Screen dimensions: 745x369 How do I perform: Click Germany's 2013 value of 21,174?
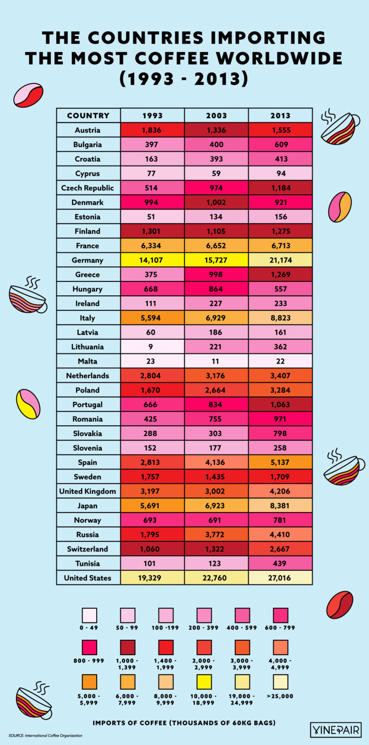[281, 260]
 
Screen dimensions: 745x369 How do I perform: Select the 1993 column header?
[152, 115]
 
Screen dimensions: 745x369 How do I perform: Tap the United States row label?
[87, 578]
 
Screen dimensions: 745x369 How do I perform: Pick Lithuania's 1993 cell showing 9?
[152, 347]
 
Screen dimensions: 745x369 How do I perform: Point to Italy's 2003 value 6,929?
[216, 318]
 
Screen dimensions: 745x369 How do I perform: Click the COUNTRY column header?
[88, 115]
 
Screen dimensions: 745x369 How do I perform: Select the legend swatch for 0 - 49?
[89, 615]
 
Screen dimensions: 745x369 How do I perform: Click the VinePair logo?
[335, 729]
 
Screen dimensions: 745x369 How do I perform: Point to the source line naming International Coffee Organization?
[45, 736]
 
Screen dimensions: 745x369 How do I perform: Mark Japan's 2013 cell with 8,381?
[281, 505]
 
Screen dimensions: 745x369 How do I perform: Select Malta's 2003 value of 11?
[216, 361]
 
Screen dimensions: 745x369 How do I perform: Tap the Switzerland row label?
[87, 549]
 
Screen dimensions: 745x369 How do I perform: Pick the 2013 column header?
[281, 115]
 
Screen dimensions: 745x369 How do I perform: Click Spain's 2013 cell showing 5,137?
[281, 462]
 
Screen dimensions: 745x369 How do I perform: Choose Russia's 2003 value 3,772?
[216, 534]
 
